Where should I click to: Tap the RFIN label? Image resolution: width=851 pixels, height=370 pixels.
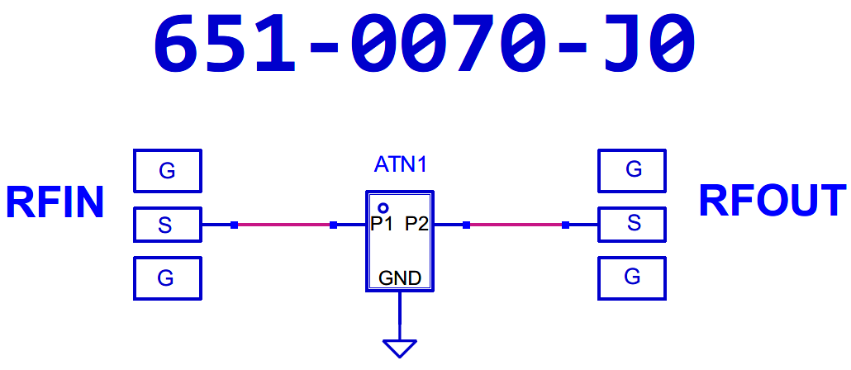pos(55,203)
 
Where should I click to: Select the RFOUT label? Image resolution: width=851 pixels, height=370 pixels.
pos(773,201)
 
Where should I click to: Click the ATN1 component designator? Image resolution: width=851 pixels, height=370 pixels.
pos(400,164)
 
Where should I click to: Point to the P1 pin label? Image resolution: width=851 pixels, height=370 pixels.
pos(382,224)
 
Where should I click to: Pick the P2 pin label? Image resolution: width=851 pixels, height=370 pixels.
pos(416,224)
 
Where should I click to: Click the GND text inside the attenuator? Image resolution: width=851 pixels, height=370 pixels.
pos(399,278)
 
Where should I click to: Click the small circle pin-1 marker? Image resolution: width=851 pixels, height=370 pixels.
pos(383,208)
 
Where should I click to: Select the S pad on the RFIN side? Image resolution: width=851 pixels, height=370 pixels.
pos(167,225)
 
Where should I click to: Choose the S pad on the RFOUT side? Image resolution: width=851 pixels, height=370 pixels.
pos(632,224)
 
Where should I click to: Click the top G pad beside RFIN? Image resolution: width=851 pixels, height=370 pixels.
pos(167,170)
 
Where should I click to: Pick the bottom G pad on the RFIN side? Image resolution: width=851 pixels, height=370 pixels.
pos(167,277)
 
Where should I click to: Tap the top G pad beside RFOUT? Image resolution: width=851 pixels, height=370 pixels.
pos(632,170)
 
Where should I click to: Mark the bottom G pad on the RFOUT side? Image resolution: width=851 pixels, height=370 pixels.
pos(632,277)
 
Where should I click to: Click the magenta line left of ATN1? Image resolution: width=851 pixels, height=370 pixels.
pos(283,225)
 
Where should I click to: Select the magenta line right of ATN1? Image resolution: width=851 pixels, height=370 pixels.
pos(516,225)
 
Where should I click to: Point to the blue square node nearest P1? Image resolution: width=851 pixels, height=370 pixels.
pos(333,225)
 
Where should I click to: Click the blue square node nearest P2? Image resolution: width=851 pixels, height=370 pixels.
pos(466,225)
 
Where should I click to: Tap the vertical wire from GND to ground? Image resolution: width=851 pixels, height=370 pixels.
pos(400,315)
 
